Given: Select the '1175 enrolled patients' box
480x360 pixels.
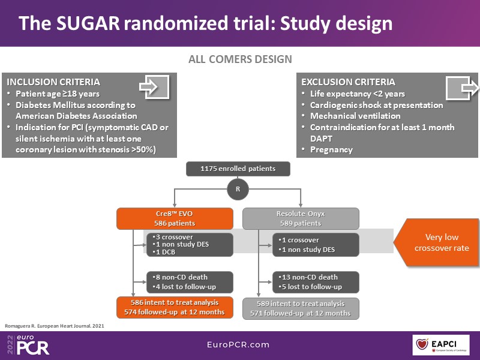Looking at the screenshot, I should (238, 169).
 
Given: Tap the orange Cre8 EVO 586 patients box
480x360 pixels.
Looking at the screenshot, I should (175, 218).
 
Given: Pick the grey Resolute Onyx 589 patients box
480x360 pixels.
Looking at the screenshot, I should (301, 218).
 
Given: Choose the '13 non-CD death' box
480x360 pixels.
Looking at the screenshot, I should (316, 282).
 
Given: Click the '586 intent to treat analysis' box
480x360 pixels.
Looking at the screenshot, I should (175, 308).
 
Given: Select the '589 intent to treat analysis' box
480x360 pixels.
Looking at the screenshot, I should (301, 308).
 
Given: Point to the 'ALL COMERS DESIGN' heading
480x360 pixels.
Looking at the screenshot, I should (240, 59).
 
